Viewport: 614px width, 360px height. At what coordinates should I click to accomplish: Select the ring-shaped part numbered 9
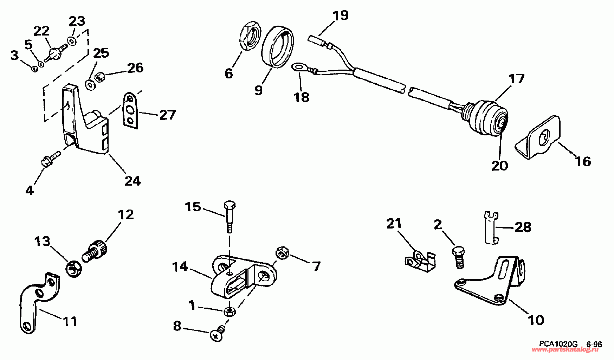click(x=278, y=47)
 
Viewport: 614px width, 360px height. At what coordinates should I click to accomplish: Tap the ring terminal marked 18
click(x=299, y=66)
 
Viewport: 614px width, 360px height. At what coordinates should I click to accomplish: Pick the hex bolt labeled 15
click(x=229, y=216)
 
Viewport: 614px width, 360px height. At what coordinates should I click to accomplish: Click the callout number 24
click(x=133, y=181)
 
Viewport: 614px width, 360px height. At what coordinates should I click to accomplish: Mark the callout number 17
click(x=516, y=79)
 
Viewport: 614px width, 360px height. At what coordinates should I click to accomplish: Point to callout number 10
click(x=536, y=320)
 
